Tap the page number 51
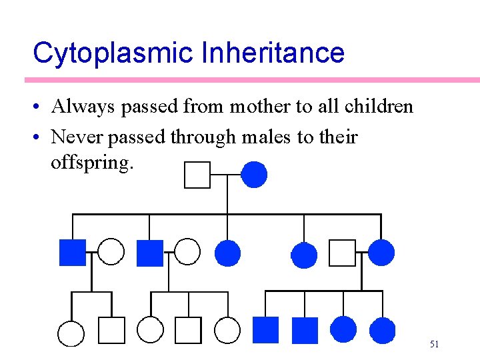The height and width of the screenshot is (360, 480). pyautogui.click(x=434, y=344)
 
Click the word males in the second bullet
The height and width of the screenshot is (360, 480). pyautogui.click(x=261, y=137)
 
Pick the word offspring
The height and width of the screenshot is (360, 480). pyautogui.click(x=92, y=162)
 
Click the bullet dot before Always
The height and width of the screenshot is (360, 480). pyautogui.click(x=41, y=107)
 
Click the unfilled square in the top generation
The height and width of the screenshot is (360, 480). pyautogui.click(x=197, y=175)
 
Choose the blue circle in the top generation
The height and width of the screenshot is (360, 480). pyautogui.click(x=253, y=175)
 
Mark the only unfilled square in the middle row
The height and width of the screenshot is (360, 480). pyautogui.click(x=343, y=253)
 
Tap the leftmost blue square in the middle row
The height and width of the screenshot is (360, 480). pyautogui.click(x=73, y=252)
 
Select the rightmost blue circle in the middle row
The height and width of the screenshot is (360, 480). pyautogui.click(x=381, y=253)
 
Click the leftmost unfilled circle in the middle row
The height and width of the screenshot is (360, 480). pyautogui.click(x=111, y=252)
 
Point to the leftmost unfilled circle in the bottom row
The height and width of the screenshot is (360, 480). pyautogui.click(x=71, y=332)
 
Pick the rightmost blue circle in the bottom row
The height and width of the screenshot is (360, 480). pyautogui.click(x=382, y=330)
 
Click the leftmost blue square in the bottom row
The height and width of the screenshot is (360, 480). pyautogui.click(x=265, y=330)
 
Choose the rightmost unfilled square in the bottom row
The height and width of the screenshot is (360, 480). pyautogui.click(x=188, y=330)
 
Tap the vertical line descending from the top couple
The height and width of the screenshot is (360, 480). pyautogui.click(x=227, y=197)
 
